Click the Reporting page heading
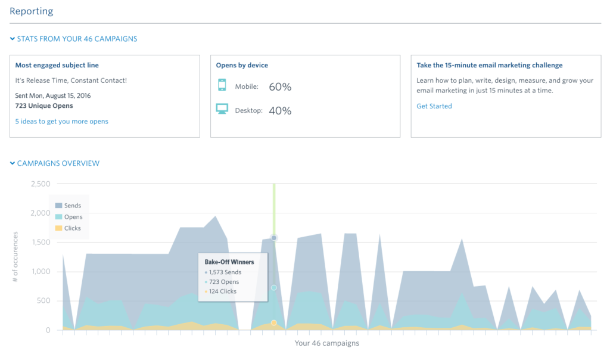[x=31, y=11]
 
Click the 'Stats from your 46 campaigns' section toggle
[x=73, y=39]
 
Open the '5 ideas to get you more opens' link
[x=61, y=121]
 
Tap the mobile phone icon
[x=222, y=86]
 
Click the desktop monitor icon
[x=222, y=110]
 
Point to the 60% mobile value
[x=280, y=86]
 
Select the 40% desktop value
[x=280, y=110]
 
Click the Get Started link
[x=434, y=106]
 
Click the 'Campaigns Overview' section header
[x=55, y=163]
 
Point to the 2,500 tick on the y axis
[x=40, y=184]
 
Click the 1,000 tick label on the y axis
[x=41, y=272]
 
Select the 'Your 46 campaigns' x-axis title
[x=326, y=343]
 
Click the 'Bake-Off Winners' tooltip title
[x=229, y=262]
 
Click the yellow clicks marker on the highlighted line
[x=274, y=322]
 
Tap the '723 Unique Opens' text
[x=44, y=105]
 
